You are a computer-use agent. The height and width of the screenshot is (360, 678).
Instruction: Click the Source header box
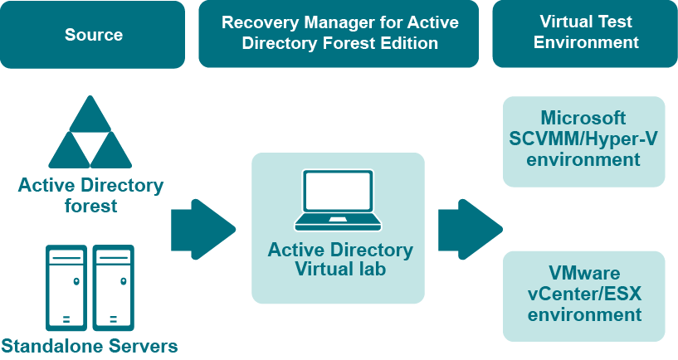click(x=93, y=34)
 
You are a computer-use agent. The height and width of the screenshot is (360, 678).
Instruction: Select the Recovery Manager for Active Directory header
click(x=339, y=34)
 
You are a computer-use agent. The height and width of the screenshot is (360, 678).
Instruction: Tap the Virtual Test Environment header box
click(x=586, y=34)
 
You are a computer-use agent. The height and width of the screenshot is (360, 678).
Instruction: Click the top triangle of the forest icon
click(x=90, y=116)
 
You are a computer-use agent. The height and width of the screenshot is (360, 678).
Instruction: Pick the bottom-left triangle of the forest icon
click(x=69, y=152)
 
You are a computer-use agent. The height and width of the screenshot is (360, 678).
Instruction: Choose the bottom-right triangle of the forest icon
click(x=111, y=152)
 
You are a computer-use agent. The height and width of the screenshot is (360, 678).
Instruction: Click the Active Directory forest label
click(x=90, y=195)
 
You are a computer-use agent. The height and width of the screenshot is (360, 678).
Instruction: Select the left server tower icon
click(x=66, y=286)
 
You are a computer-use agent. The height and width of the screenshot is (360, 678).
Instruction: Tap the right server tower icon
click(x=114, y=286)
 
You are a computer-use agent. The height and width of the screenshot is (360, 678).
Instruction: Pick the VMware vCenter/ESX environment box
click(x=584, y=296)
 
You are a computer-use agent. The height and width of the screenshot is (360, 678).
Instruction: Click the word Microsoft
click(x=583, y=118)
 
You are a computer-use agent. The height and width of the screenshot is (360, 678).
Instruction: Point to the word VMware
click(x=584, y=274)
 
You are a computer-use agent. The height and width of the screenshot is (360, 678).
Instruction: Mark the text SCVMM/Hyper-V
click(x=584, y=139)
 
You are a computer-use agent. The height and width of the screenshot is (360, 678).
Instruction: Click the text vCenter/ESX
click(x=584, y=294)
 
